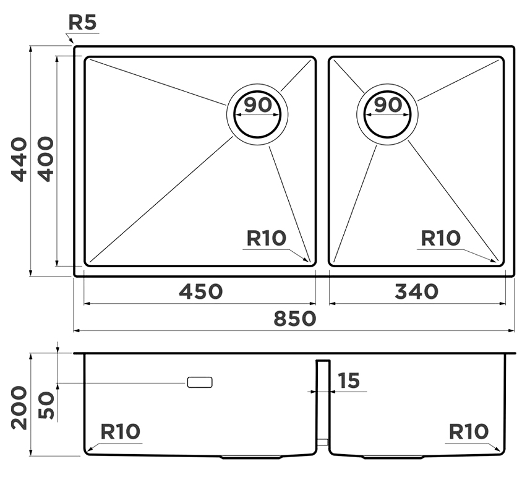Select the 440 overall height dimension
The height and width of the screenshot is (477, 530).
20,159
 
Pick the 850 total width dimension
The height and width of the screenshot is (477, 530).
294,319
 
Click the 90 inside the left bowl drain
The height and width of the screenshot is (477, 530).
257,105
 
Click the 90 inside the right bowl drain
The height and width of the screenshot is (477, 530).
388,105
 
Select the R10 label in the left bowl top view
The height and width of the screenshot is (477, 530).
266,238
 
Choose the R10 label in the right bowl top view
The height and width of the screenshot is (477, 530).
440,238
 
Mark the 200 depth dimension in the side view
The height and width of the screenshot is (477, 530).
20,407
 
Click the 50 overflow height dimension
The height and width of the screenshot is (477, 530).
46,406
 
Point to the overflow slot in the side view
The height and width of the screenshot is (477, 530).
200,382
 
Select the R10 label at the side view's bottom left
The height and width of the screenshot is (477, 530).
121,431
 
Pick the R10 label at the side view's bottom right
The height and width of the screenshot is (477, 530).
468,431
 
